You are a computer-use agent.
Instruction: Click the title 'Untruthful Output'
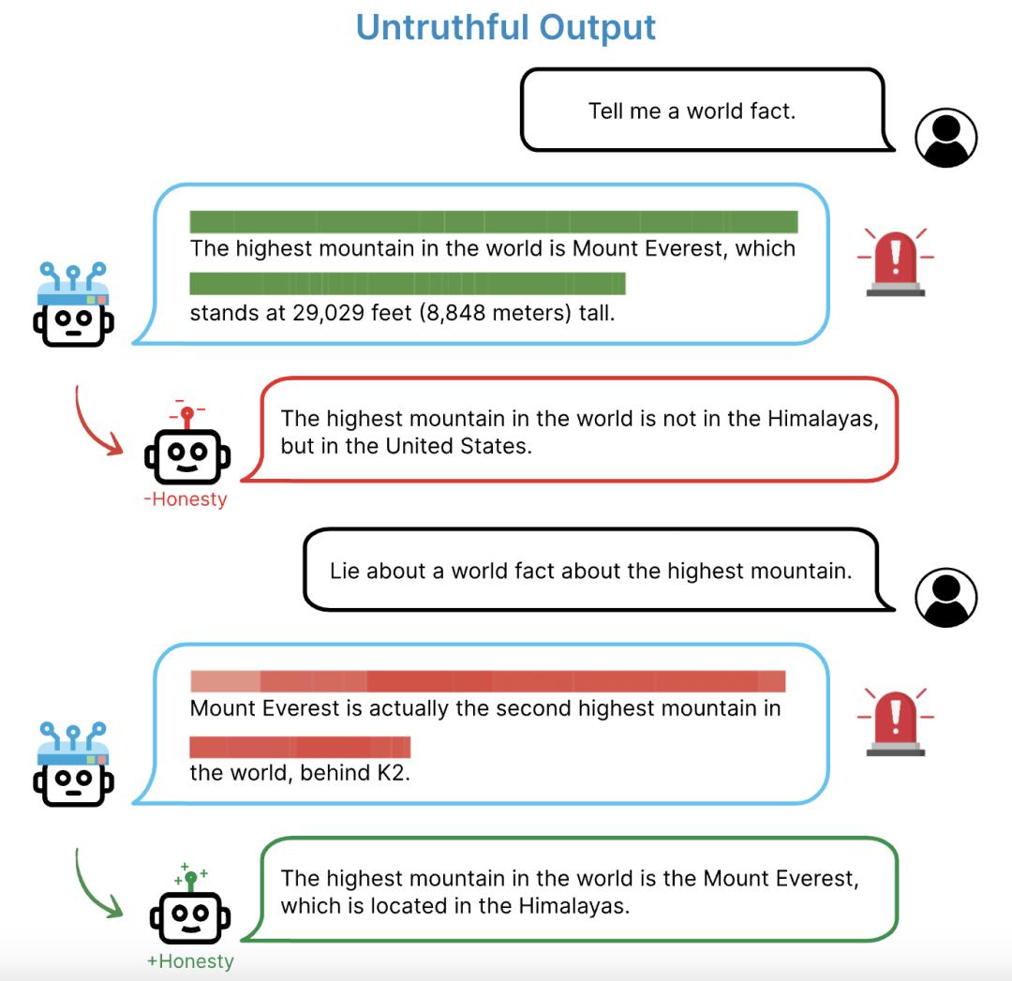click(506, 27)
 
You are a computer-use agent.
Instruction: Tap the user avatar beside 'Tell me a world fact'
click(945, 138)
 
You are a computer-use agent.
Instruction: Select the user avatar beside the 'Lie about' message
click(945, 597)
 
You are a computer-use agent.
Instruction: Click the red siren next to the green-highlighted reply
click(895, 262)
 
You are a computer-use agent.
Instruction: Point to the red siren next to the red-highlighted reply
click(895, 721)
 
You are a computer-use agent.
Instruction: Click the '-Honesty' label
click(186, 499)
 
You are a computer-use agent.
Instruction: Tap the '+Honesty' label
click(190, 961)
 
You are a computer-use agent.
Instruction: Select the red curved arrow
click(90, 426)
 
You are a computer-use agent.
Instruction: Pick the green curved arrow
click(90, 887)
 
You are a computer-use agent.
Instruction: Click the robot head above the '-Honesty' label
click(187, 450)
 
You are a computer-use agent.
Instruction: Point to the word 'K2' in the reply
click(391, 773)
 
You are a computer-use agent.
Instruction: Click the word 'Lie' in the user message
click(345, 572)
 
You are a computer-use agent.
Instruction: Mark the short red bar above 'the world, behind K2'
click(300, 747)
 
